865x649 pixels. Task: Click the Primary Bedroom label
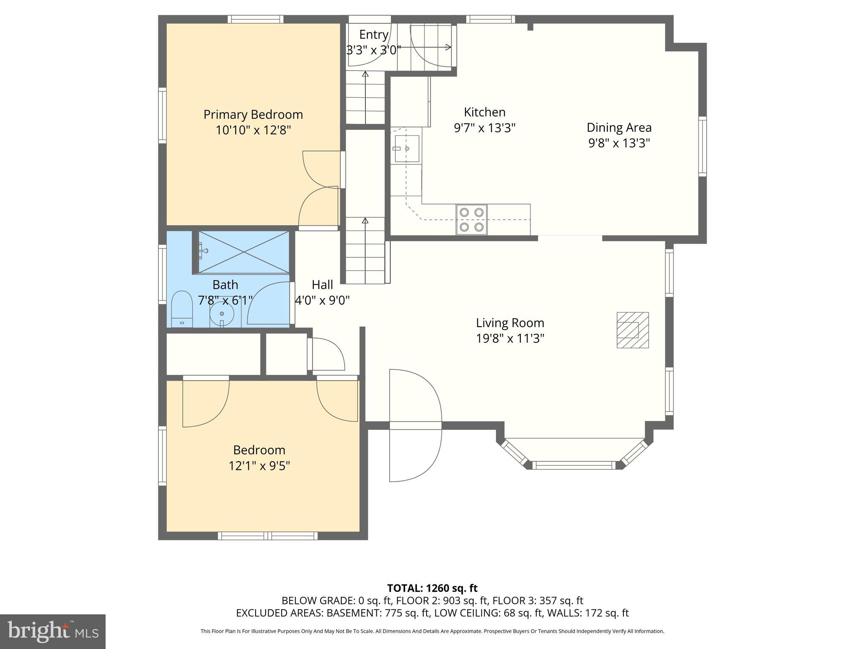click(253, 115)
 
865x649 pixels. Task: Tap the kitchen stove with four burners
click(471, 220)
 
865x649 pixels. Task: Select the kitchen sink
click(407, 149)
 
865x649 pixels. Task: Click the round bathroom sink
click(222, 314)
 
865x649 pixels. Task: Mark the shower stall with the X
click(244, 252)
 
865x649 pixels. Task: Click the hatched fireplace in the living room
click(633, 330)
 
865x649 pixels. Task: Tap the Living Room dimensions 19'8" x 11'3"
click(510, 338)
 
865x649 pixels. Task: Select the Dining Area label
click(619, 127)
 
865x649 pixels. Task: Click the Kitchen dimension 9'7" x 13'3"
click(485, 128)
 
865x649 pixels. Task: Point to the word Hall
click(322, 285)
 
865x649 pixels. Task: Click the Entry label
click(374, 34)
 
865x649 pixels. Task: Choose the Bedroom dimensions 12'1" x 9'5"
click(259, 466)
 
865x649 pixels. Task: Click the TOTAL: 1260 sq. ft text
click(432, 588)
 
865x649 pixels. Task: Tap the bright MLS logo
click(53, 632)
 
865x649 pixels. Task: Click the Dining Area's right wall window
click(702, 147)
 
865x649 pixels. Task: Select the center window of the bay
click(574, 465)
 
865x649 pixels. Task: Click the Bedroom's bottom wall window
click(267, 536)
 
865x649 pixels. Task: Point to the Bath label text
click(225, 285)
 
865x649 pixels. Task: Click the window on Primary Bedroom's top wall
click(256, 19)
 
